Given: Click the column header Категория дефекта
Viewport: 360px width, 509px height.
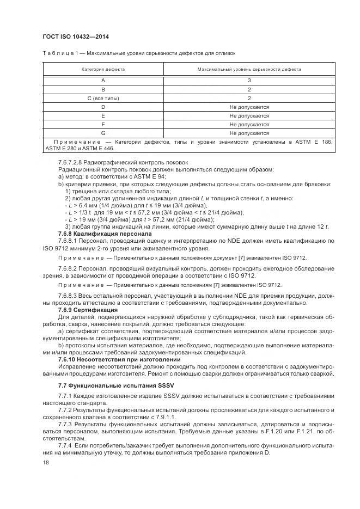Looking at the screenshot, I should (103, 70).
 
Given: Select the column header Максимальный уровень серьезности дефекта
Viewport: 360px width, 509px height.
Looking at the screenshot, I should (249, 70).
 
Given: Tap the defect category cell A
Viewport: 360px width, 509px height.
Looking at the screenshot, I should (103, 81).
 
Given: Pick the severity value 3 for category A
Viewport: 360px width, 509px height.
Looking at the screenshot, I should (249, 81).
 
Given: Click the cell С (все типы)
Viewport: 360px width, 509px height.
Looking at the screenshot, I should (103, 99).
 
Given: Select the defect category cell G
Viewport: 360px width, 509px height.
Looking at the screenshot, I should (103, 133).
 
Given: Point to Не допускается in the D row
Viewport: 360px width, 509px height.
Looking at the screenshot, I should (249, 107).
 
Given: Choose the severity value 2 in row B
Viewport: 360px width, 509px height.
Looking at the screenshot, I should (249, 90).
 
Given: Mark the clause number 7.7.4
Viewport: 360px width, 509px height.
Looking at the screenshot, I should (66, 446).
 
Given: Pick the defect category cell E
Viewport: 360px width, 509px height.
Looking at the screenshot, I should (103, 116).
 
